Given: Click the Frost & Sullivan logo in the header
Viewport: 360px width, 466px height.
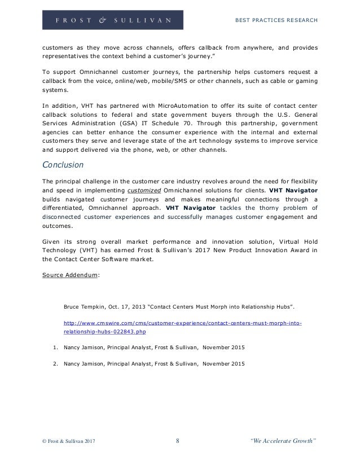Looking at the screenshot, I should tap(112, 20).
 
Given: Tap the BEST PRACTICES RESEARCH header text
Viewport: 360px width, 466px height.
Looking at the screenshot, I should tap(276, 21).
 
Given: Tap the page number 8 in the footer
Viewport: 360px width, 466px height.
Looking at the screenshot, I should tap(178, 448).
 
